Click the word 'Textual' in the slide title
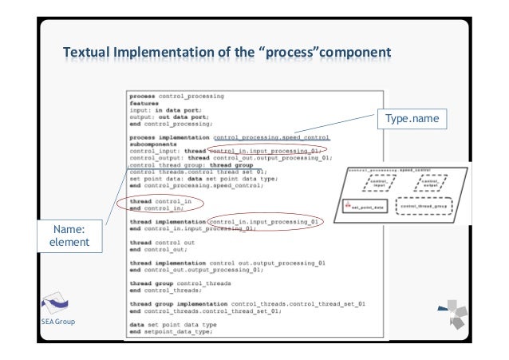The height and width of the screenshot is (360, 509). [x=89, y=53]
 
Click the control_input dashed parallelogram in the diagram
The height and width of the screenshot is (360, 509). [x=375, y=184]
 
